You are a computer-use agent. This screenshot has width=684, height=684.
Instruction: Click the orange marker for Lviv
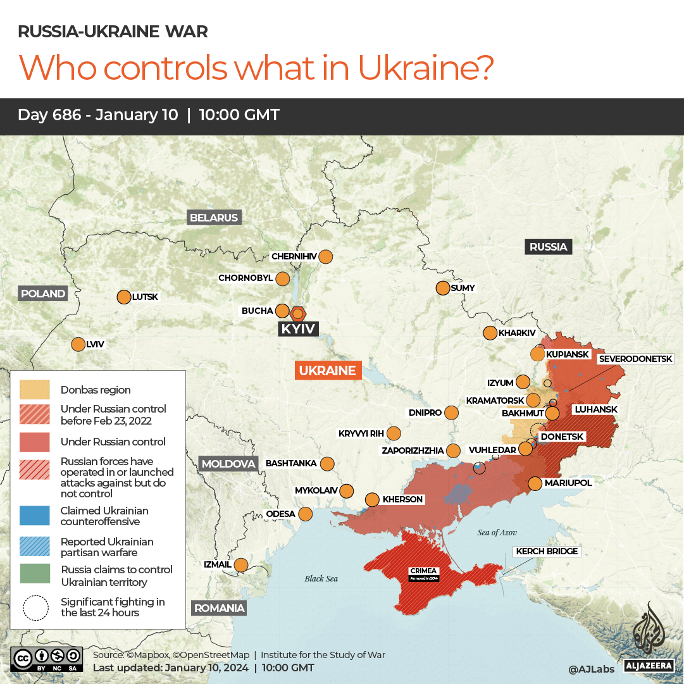pos(78,344)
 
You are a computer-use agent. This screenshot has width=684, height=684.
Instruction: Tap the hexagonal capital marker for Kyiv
pos(298,313)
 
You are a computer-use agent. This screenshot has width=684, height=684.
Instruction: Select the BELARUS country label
pos(215,218)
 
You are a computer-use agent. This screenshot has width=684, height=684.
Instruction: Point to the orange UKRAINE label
pos(328,371)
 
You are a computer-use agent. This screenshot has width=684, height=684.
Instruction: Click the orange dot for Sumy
pos(442,288)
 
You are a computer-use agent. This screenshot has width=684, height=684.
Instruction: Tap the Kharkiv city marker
pos(490,333)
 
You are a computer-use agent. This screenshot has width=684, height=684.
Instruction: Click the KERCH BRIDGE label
pos(547,551)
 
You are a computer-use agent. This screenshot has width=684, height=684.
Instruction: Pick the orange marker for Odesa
pos(306,514)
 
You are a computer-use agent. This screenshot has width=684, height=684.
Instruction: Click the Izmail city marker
pos(241,564)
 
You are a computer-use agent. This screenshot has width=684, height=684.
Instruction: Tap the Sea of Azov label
pos(497,533)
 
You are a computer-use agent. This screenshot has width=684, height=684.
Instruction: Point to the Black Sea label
pos(321,578)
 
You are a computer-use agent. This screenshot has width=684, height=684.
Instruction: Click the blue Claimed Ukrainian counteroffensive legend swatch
pos(35,515)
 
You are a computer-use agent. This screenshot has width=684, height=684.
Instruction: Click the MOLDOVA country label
pos(228,464)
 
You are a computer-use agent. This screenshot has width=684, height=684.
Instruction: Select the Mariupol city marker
pos(535,483)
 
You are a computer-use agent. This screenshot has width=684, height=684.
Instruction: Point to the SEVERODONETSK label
pos(635,359)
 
